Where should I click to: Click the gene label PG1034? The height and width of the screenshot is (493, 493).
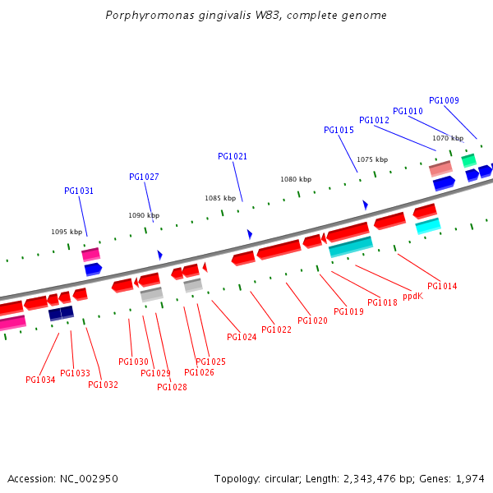(40, 380)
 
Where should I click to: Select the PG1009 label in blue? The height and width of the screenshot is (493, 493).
(444, 100)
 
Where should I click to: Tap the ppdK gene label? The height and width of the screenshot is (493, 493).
(412, 296)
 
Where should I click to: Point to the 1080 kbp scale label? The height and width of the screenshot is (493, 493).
(296, 179)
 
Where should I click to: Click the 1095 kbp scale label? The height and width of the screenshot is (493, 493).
(67, 232)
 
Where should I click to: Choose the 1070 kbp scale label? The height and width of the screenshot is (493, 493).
(448, 138)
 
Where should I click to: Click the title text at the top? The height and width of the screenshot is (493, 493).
(246, 16)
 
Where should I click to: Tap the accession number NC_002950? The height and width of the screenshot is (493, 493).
(63, 478)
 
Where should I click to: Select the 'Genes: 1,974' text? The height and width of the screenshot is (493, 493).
(454, 478)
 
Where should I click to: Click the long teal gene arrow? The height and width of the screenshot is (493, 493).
(351, 246)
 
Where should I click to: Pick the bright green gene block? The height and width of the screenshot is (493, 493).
(468, 160)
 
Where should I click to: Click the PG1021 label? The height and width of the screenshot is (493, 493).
(233, 156)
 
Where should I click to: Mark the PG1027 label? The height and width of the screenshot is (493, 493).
(144, 177)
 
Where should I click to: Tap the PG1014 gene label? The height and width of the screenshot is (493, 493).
(442, 286)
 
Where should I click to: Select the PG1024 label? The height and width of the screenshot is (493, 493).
(242, 337)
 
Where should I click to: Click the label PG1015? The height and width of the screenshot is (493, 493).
(339, 130)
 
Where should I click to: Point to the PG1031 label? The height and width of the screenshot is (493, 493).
(79, 191)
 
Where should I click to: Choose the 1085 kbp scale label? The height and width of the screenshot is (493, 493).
(220, 198)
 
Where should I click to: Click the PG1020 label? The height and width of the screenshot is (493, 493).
(312, 320)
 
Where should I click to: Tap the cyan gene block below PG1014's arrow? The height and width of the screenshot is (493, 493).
(427, 225)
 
